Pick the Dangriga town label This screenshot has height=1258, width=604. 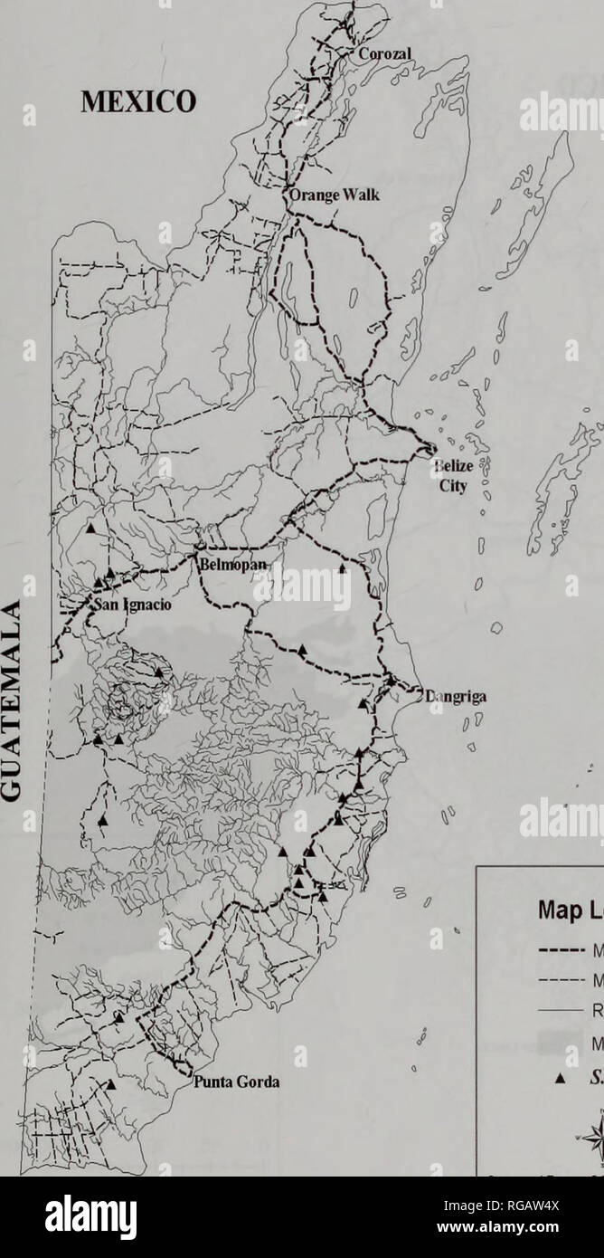pyautogui.click(x=450, y=697)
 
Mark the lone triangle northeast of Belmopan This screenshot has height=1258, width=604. pyautogui.click(x=342, y=569)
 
